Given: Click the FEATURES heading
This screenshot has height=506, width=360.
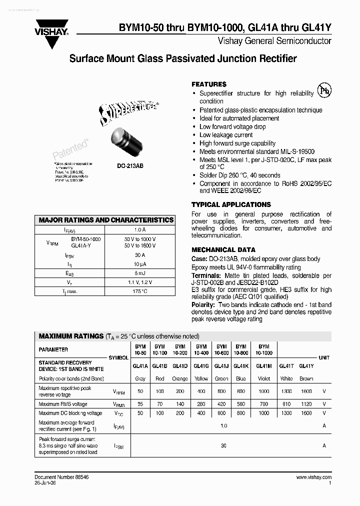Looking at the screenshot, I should coord(209,84).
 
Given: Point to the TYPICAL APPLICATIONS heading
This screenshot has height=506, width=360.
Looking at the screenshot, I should coord(231,204).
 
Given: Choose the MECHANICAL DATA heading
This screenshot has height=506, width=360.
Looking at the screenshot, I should coord(223,249).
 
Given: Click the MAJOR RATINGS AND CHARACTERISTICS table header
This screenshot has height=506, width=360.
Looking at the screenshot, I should coord(106,220).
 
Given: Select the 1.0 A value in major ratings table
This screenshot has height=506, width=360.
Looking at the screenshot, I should coord(140,230).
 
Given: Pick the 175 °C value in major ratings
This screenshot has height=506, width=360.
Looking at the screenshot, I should coord(140,291).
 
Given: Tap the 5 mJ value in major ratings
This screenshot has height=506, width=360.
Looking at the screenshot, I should coord(140,273).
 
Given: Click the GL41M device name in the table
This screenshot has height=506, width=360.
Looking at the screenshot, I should coord(264,365).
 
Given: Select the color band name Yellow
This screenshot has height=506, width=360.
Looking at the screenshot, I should coord(201,378).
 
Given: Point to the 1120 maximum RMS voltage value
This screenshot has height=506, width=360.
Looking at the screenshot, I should coord(306,404).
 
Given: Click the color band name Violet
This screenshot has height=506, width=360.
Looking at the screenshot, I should coord(264,378).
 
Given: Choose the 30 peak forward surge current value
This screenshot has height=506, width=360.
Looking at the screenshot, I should coord(223,445).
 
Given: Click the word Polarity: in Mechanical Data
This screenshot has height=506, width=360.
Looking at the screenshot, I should coord(203,304).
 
